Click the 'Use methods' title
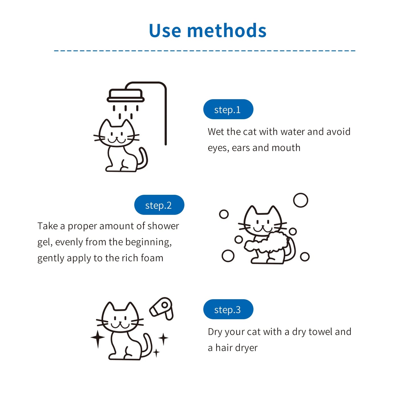point(207,31)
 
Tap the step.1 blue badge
point(228,110)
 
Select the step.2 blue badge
point(159,205)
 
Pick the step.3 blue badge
point(228,309)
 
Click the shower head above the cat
point(125,96)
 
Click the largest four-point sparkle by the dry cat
point(98,338)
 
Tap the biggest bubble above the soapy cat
point(301,200)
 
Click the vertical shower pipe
point(165,119)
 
